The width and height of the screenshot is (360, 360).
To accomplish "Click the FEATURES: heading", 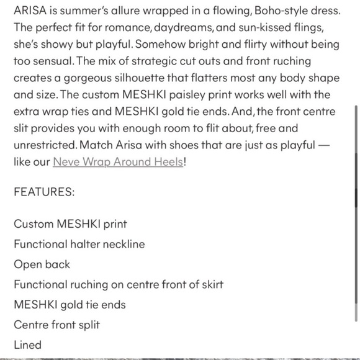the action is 43,192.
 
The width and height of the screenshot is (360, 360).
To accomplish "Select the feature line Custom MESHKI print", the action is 71,223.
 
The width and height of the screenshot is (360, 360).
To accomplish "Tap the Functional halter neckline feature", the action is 79,244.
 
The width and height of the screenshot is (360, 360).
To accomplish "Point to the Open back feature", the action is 42,264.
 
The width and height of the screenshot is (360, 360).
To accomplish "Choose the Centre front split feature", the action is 56,325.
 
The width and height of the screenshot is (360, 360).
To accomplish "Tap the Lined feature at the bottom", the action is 28,344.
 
